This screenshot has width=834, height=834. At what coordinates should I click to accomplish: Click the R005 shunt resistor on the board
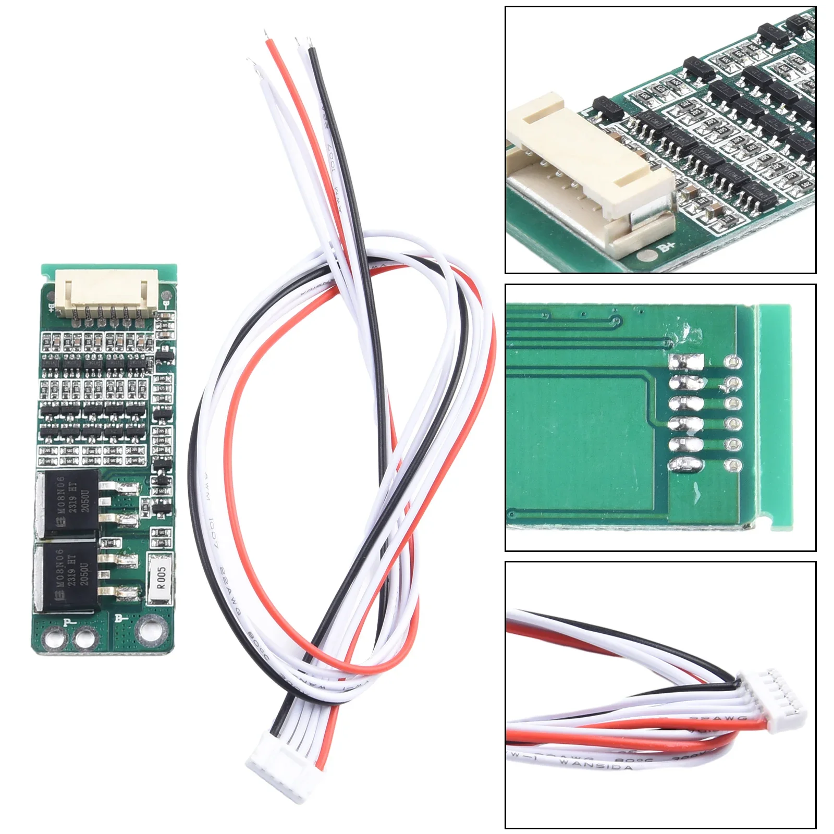pos(161,578)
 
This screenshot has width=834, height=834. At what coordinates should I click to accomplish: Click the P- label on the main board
pos(69,622)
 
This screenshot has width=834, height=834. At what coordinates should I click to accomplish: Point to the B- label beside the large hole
pos(121,619)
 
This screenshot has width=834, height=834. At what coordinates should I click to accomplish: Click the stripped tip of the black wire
pos(311,44)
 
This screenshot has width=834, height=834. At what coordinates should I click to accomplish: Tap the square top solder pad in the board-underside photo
pos(686,361)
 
